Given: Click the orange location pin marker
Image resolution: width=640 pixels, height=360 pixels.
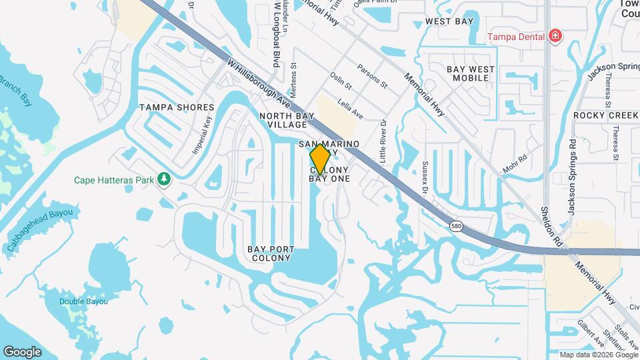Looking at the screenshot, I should (x=320, y=158).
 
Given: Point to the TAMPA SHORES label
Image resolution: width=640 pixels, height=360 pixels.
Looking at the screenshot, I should (x=177, y=107).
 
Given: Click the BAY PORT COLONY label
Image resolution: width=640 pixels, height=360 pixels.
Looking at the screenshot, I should (x=271, y=254).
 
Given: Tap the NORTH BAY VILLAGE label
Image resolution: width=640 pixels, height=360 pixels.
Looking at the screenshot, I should (x=283, y=120).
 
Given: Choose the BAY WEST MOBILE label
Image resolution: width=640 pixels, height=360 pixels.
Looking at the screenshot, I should (x=471, y=73).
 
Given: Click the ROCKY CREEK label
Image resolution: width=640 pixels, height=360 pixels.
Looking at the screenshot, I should (x=605, y=115).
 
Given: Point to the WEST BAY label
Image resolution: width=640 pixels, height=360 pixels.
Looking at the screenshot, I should (x=449, y=22).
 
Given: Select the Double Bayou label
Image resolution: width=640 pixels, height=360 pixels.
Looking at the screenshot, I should (x=83, y=301).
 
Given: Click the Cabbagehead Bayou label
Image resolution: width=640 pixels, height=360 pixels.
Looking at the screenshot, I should (x=40, y=230).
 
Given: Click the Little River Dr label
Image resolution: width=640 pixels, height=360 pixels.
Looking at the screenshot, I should (x=383, y=140).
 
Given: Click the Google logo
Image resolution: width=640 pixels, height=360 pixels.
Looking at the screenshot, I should (x=23, y=351).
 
